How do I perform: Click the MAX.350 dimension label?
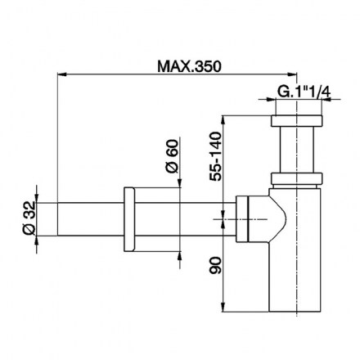coord(189,66)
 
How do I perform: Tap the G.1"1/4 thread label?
coord(304,92)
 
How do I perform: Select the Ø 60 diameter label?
coord(172,156)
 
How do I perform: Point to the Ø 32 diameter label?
coord(29,218)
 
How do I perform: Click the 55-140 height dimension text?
coord(216,156)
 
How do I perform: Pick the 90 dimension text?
coord(216,265)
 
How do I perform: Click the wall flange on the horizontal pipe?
coord(129,219)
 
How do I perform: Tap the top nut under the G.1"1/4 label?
coord(297,121)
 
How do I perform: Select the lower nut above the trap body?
coord(297,178)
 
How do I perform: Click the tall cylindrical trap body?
coord(295,250)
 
